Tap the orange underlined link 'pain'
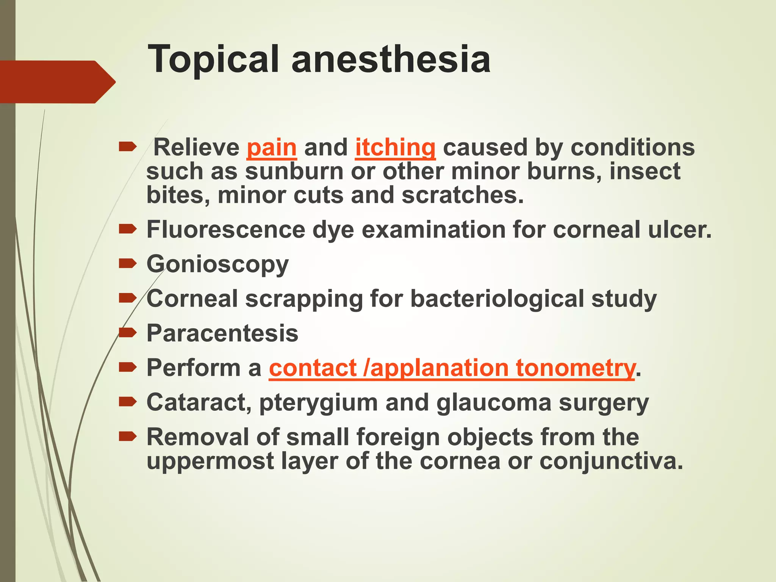(271, 147)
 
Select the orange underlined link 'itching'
(395, 147)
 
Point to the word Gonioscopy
(217, 264)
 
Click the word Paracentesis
(222, 333)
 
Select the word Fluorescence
(226, 230)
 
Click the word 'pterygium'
(318, 402)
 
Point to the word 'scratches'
(459, 195)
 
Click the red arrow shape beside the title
(57, 82)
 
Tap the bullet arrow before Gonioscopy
(127, 264)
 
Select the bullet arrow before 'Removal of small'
(127, 437)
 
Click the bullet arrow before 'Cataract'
(127, 402)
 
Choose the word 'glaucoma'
(494, 402)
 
